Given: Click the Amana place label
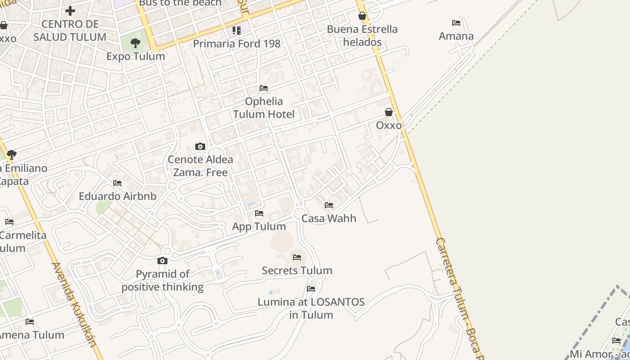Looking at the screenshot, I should tap(456, 36).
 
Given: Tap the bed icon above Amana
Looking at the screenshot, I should tap(456, 23).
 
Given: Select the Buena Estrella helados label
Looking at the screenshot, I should tap(362, 36).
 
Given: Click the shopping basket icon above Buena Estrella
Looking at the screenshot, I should tap(362, 16).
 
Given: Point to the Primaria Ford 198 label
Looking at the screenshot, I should tap(237, 44).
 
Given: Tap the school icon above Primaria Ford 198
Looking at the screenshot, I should tap(237, 31).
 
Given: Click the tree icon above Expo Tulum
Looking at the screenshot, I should tap(135, 43).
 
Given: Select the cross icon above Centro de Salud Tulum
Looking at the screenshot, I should tap(70, 10).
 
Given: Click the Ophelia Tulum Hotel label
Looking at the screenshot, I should tap(264, 108).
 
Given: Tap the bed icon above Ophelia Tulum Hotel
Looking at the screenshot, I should tap(264, 88).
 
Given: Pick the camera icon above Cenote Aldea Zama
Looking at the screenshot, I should tap(200, 146).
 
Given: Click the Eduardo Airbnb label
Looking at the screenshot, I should tap(117, 196).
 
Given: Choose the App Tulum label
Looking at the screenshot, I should tap(259, 226).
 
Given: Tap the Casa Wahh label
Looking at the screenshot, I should tap(328, 218).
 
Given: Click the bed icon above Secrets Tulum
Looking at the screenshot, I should tap(297, 257).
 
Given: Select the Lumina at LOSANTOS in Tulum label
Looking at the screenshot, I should tap(311, 308).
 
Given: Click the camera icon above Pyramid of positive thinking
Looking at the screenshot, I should tap(162, 261).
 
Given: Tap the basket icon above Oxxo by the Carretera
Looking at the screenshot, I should tap(389, 112).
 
